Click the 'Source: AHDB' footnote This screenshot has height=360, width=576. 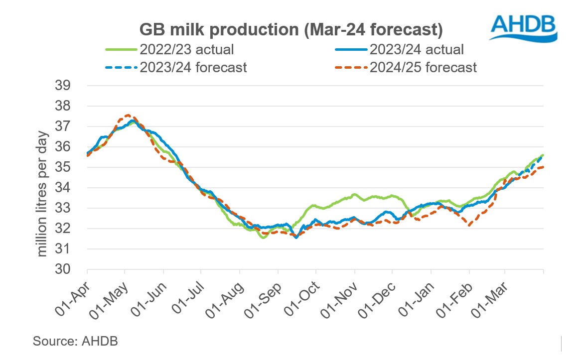(x=75, y=341)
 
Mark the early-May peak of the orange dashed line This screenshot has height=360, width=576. (x=128, y=116)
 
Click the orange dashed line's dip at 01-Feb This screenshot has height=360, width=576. (x=469, y=225)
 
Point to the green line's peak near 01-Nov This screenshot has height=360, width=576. (x=354, y=194)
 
